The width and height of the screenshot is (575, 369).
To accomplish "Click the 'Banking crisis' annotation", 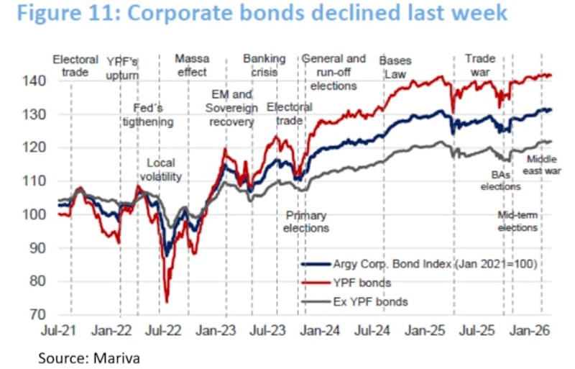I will point(264,65).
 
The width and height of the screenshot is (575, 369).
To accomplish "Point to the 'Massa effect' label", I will point(191,65).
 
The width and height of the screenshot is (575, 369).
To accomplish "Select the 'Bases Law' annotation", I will point(395,65).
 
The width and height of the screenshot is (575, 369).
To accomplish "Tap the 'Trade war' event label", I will point(480,65).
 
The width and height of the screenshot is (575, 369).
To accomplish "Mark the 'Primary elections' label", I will point(306,222).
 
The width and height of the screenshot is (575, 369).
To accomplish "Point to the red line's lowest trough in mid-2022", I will point(166,302).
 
